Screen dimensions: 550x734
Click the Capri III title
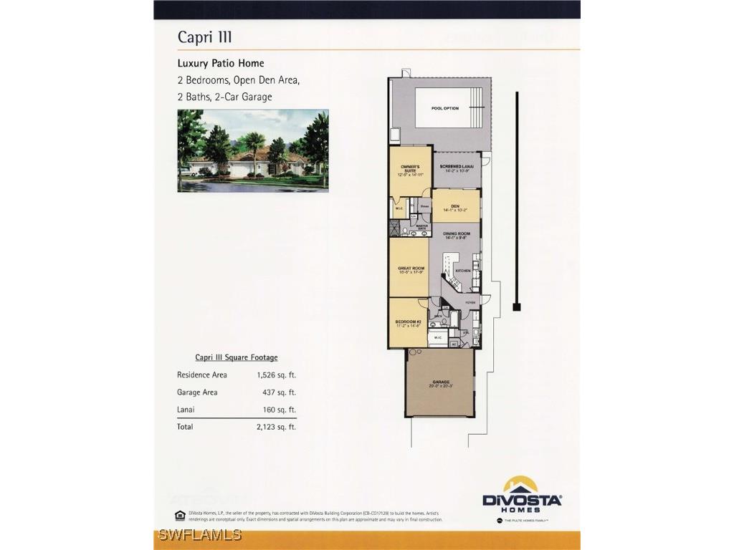[x=204, y=37]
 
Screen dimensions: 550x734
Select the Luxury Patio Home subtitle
[x=221, y=63]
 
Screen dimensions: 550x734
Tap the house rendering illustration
[x=253, y=150]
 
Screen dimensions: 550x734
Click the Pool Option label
[x=445, y=108]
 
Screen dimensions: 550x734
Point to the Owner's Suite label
[x=409, y=169]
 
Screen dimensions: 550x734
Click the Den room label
[x=455, y=206]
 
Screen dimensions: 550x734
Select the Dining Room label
[x=457, y=233]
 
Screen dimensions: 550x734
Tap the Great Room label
[x=411, y=269]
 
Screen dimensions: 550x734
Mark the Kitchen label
[x=463, y=271]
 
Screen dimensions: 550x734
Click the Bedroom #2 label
[x=409, y=322]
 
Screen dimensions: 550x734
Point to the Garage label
[x=440, y=382]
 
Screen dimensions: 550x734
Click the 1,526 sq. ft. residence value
[x=276, y=375]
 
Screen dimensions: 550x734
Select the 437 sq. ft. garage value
[x=279, y=392]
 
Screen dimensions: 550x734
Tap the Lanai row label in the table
[x=186, y=410]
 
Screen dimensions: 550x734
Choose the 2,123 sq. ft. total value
[x=276, y=427]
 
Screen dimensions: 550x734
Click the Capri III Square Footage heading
[x=237, y=357]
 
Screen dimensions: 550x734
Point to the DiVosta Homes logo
[x=522, y=494]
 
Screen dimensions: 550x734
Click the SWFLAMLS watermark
[x=200, y=535]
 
